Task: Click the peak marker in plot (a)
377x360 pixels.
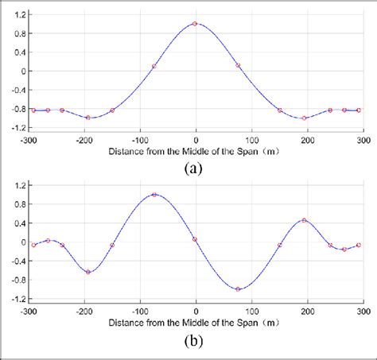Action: coord(196,23)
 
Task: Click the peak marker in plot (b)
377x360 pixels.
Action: coord(154,194)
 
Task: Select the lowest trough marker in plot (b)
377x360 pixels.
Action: coord(238,288)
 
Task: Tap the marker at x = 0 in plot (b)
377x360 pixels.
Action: coord(196,238)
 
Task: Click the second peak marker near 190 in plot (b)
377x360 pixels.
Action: coord(304,220)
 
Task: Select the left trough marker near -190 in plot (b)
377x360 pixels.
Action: coord(88,272)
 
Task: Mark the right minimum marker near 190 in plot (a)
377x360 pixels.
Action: coord(304,118)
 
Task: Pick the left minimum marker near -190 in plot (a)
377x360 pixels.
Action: coord(88,118)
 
